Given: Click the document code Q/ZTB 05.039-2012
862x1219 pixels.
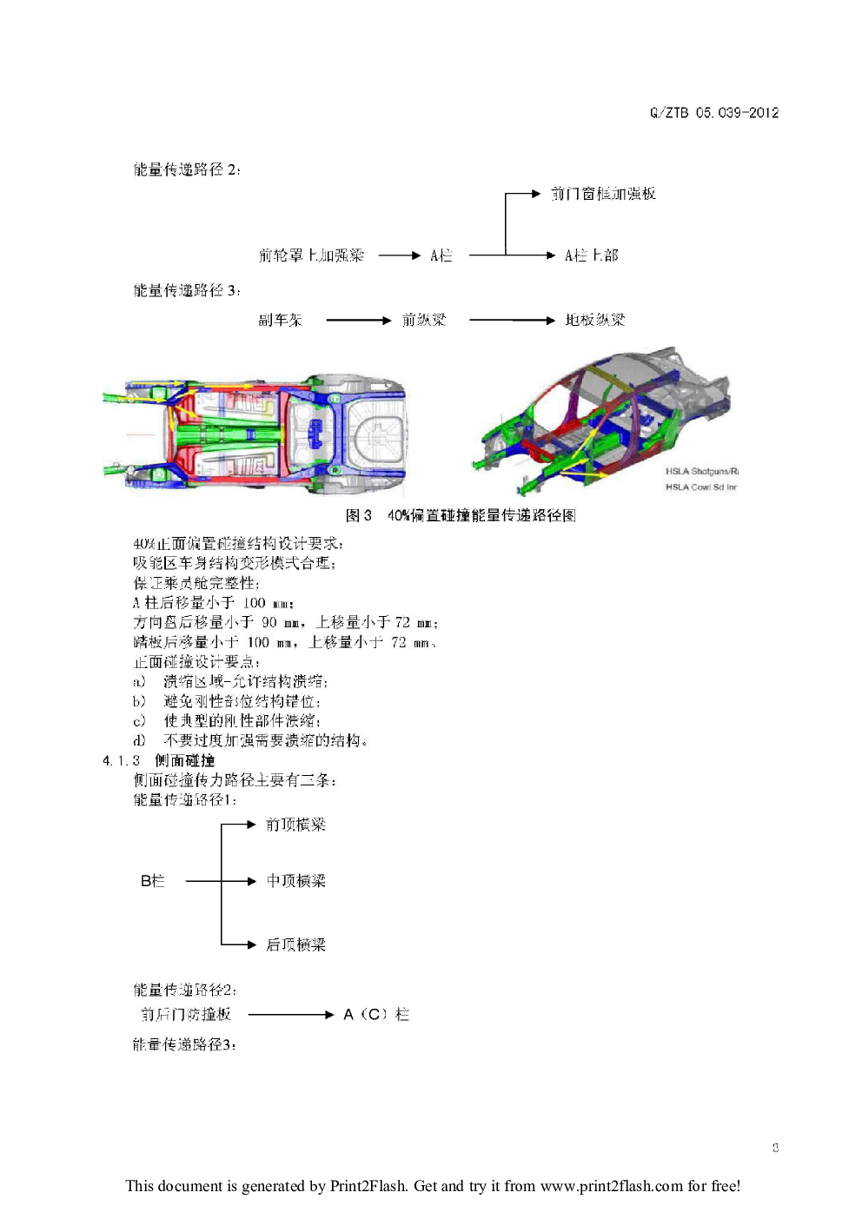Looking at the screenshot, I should pyautogui.click(x=713, y=113).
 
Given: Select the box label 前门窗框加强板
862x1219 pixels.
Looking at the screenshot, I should pyautogui.click(x=603, y=194).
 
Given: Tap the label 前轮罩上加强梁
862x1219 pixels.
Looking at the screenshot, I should pyautogui.click(x=311, y=255).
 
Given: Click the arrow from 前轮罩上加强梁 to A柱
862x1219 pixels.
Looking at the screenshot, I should pyautogui.click(x=400, y=255).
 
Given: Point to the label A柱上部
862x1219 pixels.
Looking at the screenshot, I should pyautogui.click(x=591, y=255).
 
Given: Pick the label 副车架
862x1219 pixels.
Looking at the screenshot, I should pyautogui.click(x=280, y=321).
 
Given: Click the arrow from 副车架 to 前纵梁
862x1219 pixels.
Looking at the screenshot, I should pyautogui.click(x=358, y=321).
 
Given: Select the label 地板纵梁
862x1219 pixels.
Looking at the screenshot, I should pyautogui.click(x=594, y=321).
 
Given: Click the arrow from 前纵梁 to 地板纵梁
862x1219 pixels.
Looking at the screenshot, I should pyautogui.click(x=511, y=321).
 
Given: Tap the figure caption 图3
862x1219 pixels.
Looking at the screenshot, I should pyautogui.click(x=358, y=515).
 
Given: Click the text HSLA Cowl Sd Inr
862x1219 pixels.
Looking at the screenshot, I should pyautogui.click(x=700, y=487).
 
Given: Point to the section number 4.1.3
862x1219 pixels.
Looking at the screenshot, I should pyautogui.click(x=121, y=761).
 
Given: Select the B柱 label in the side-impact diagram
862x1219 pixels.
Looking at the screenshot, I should pyautogui.click(x=152, y=881).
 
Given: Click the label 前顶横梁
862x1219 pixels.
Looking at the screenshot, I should pyautogui.click(x=295, y=825).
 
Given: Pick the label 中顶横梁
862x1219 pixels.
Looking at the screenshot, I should pyautogui.click(x=295, y=881).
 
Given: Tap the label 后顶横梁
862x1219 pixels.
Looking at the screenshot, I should pyautogui.click(x=295, y=944).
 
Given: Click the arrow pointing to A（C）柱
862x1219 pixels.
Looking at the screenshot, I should pyautogui.click(x=290, y=1014).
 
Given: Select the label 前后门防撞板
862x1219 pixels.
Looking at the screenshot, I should pyautogui.click(x=186, y=1014).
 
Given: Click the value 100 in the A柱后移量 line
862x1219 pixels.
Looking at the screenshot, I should pyautogui.click(x=254, y=603).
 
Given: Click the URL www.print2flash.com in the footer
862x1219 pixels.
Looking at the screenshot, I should pyautogui.click(x=611, y=1186).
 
